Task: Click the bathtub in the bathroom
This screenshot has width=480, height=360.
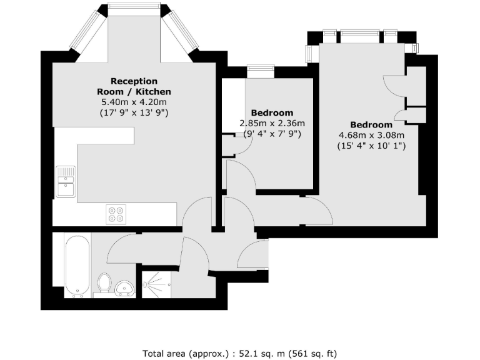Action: (x=77, y=265)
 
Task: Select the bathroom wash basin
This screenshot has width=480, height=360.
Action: (x=126, y=287)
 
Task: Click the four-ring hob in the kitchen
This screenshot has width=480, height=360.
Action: (x=116, y=214)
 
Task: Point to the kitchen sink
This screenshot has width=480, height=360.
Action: (x=66, y=182)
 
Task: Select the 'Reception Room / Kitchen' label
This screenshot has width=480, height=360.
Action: (x=134, y=86)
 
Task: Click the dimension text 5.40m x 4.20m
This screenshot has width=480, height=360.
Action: (x=134, y=102)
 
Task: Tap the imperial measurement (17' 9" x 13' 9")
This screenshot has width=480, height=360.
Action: (x=134, y=113)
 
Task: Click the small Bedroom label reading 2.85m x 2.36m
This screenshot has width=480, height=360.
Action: (x=272, y=123)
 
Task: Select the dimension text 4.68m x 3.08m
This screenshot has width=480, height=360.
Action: (x=371, y=135)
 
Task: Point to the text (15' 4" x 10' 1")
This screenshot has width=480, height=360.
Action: (x=371, y=146)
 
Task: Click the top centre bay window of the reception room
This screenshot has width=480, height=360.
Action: (x=134, y=9)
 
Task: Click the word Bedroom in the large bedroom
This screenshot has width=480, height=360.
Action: (x=371, y=124)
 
